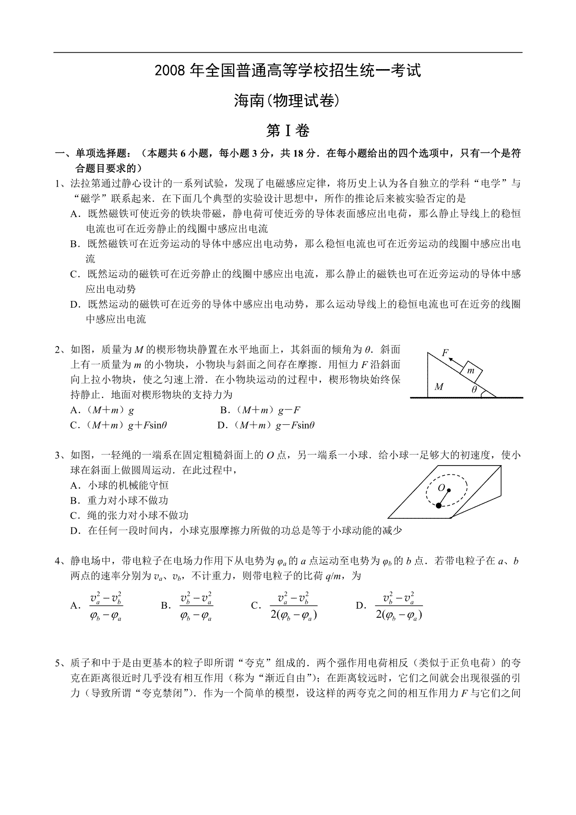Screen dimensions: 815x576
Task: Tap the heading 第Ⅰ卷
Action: coord(288,131)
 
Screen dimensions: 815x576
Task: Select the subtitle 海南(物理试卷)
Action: coord(288,100)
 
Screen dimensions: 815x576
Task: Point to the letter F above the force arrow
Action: coord(445,352)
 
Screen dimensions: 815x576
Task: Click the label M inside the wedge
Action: coord(439,386)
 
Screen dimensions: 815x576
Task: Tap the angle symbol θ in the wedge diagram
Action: coord(474,390)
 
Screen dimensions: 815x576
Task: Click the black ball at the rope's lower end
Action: coord(439,505)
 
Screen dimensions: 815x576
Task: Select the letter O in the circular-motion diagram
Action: coord(441,488)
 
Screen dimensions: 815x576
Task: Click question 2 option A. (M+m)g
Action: coord(102,410)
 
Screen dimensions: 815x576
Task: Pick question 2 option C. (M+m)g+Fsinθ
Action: coord(118,425)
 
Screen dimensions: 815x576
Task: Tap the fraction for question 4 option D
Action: coord(399,606)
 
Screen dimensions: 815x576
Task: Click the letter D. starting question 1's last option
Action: coord(74,304)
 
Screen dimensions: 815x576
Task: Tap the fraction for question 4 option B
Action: coord(196,606)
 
